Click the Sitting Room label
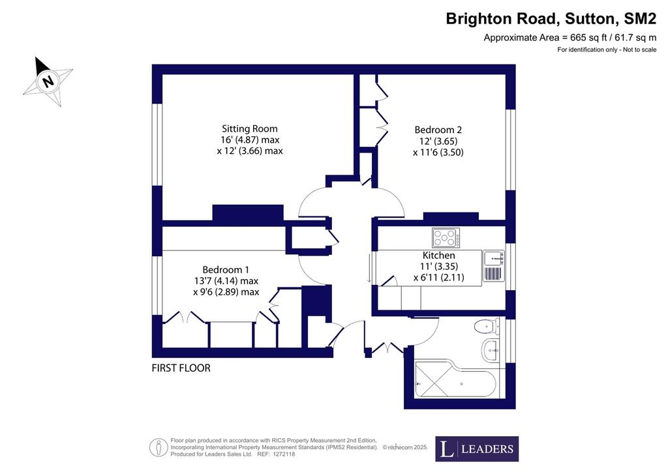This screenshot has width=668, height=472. point(250,128)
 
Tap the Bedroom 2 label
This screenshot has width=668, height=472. point(438,130)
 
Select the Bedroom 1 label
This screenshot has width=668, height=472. point(226,270)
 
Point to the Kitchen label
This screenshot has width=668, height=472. point(439,256)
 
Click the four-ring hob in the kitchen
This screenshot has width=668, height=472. point(446,237)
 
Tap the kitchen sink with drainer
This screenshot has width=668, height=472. point(494,266)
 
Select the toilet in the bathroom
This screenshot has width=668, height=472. point(487,327)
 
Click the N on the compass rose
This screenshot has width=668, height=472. point(48,80)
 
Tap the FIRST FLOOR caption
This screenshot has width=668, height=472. point(181,368)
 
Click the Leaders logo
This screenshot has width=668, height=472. point(477,449)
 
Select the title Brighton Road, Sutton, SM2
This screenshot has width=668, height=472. point(551,19)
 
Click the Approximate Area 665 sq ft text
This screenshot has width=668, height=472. point(570,38)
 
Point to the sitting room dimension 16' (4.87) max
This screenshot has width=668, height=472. point(250,140)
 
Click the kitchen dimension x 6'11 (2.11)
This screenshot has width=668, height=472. point(439,278)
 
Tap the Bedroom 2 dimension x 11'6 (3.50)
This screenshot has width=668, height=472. point(438,153)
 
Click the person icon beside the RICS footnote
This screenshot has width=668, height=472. point(158,448)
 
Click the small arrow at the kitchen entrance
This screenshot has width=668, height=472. point(369,268)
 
